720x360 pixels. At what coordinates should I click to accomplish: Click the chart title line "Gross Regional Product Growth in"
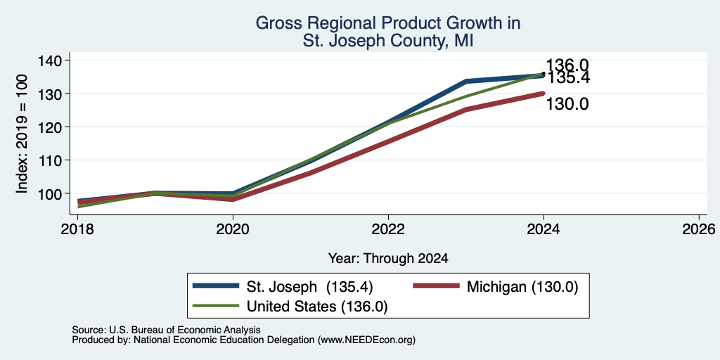pos(388,23)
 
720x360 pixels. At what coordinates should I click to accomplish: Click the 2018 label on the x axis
pos(77,229)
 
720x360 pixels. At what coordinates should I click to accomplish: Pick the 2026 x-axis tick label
pos(698,229)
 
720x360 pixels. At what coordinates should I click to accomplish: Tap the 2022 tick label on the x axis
pos(388,229)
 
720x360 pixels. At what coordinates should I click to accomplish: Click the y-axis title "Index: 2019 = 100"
pos(22,134)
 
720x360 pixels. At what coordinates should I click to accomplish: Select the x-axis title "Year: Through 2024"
pos(388,259)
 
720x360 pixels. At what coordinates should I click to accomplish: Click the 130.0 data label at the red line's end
pos(567,105)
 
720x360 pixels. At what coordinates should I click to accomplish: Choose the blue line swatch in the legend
pos(217,286)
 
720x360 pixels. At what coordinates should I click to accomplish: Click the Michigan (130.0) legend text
pos(522,287)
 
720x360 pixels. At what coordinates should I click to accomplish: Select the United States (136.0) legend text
pos(317,307)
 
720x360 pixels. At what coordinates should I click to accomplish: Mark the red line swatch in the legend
pos(436,286)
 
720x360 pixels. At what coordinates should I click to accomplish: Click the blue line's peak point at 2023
pos(466,82)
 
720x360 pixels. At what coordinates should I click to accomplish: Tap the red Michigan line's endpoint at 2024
pos(544,94)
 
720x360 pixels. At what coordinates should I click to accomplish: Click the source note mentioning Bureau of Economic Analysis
pos(166,330)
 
